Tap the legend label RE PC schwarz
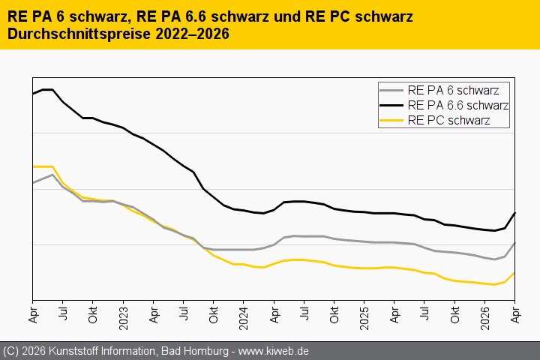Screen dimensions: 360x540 coord(449,120)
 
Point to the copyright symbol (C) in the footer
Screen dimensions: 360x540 coord(10,351)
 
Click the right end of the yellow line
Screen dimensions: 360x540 coord(514,273)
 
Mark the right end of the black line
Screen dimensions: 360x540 coord(514,213)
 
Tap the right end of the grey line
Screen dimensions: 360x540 coord(514,243)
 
